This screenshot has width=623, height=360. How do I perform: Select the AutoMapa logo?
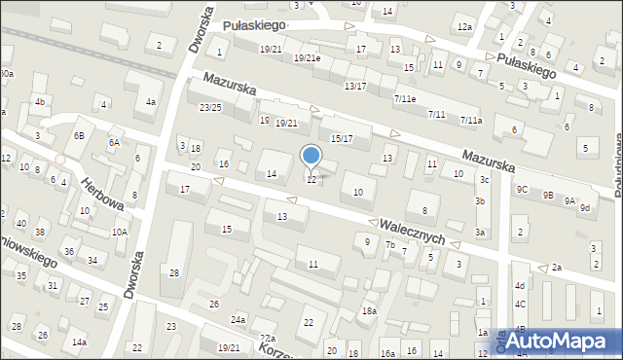[558, 341]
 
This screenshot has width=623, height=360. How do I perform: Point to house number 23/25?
[210, 107]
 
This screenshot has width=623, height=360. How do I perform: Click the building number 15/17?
[342, 139]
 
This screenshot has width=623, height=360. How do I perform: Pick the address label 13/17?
[355, 87]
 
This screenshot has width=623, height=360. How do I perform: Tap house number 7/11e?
[405, 99]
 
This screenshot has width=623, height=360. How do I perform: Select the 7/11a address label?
[471, 121]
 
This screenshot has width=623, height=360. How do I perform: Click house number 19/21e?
[307, 58]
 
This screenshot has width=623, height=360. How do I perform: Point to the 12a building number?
[464, 26]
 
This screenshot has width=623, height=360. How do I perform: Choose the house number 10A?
[120, 232]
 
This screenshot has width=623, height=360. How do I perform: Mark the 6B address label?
[79, 135]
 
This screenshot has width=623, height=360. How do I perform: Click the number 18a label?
[369, 311]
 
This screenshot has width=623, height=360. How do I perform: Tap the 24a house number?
[238, 319]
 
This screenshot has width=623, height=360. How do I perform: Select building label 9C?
[523, 189]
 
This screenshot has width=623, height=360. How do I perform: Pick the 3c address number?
[484, 180]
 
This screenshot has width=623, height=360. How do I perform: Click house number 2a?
[557, 268]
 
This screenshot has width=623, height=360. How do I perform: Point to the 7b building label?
[389, 245]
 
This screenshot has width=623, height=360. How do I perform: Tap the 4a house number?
[150, 101]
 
